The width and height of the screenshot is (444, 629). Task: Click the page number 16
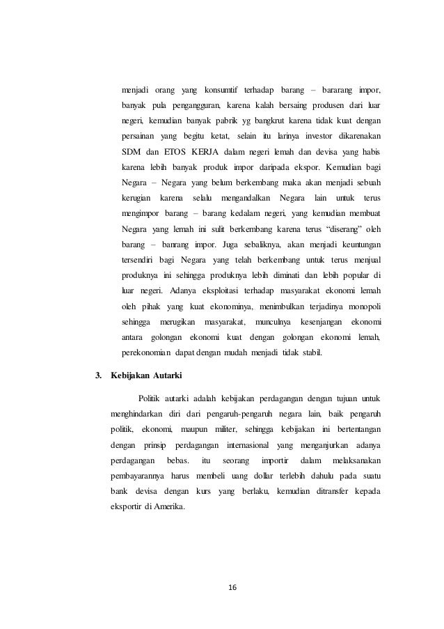point(232,587)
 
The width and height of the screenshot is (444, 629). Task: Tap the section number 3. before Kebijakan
point(97,377)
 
